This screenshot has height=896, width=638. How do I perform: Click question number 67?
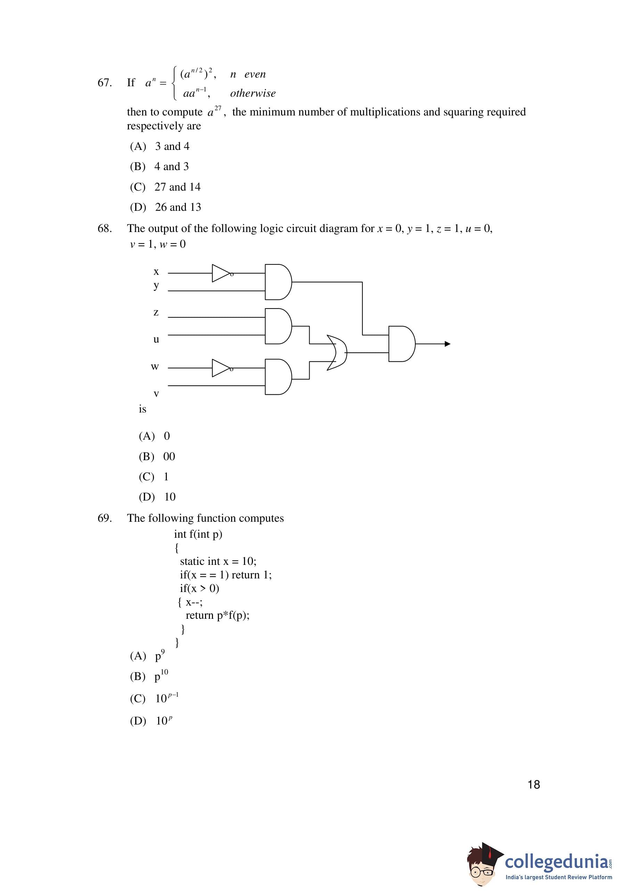coord(105,82)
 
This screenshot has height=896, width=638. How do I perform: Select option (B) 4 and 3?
coord(159,167)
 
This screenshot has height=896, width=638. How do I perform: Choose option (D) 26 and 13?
coord(165,207)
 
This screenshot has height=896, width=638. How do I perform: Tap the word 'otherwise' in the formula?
coord(253,94)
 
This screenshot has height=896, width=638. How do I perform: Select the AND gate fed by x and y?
coord(278,282)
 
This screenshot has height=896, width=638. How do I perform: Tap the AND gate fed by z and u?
coord(278,326)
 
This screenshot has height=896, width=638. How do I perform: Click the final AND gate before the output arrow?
coord(401,344)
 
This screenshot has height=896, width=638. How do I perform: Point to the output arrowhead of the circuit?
coord(447,344)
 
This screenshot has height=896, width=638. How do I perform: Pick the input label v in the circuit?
coord(156,393)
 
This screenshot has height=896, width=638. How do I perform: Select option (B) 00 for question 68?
coord(157,456)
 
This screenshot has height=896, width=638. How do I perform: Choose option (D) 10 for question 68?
coord(157,497)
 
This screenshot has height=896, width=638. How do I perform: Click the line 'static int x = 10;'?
coord(218,561)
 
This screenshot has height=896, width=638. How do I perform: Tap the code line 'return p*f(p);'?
coord(217,615)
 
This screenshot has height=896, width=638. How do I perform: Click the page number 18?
coord(533,785)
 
